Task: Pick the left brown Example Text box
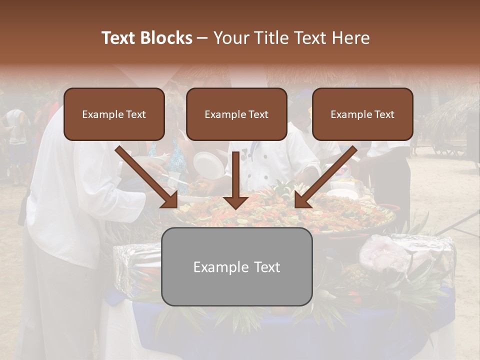pyautogui.click(x=114, y=114)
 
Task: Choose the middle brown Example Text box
pyautogui.click(x=236, y=114)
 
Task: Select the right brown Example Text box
pyautogui.click(x=362, y=114)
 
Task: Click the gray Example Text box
pyautogui.click(x=236, y=266)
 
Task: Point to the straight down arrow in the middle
pyautogui.click(x=236, y=180)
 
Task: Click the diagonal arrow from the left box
pyautogui.click(x=147, y=177)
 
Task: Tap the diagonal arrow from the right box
pyautogui.click(x=325, y=177)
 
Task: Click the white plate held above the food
pyautogui.click(x=209, y=165)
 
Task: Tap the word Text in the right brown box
pyautogui.click(x=384, y=114)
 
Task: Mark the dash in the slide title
pyautogui.click(x=202, y=38)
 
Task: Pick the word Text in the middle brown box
pyautogui.click(x=258, y=114)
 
